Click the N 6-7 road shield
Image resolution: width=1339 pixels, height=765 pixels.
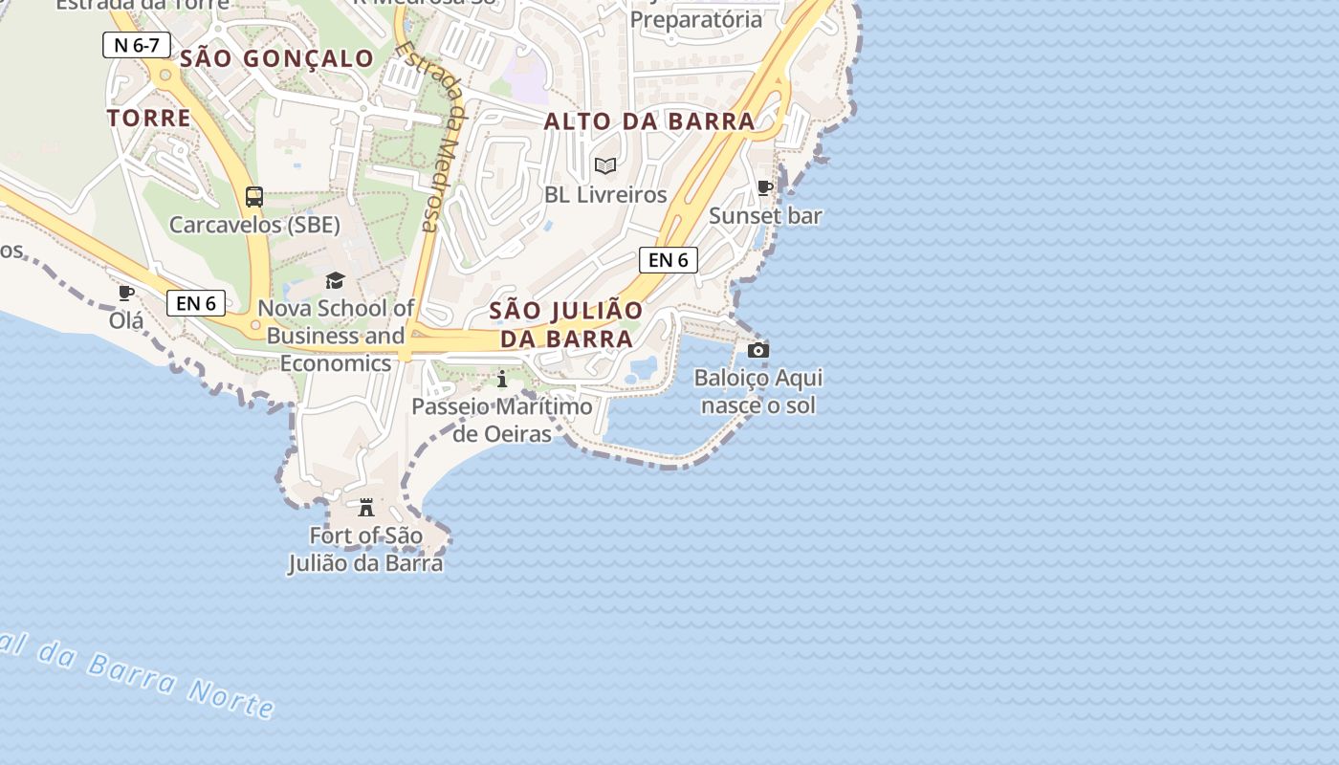(x=137, y=45)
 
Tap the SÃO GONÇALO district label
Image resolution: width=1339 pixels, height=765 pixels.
(x=277, y=58)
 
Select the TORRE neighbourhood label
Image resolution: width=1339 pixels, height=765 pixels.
(x=149, y=119)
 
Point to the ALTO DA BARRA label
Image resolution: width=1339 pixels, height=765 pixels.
(x=649, y=121)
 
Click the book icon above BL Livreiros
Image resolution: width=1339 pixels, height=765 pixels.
(x=605, y=165)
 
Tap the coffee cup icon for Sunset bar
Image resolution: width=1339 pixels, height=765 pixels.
(x=764, y=187)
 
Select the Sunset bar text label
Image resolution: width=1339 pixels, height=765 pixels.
(x=765, y=216)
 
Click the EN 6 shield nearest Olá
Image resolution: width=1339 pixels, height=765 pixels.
(x=196, y=303)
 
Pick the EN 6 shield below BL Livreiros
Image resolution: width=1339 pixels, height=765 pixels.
(x=668, y=260)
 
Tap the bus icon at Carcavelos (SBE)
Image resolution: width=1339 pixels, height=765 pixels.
(x=254, y=197)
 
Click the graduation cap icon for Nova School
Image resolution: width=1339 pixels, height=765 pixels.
(x=335, y=280)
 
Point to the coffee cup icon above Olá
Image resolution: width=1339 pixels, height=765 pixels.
(x=125, y=293)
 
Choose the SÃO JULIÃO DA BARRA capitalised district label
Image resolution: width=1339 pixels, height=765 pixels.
(x=566, y=325)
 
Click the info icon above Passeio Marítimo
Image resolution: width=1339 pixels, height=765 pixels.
(x=502, y=380)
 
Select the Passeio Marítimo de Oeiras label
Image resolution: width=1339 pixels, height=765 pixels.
(x=502, y=420)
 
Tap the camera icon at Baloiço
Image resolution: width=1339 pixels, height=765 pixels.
(x=758, y=350)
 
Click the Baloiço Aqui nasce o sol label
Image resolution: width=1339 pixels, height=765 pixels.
(x=758, y=391)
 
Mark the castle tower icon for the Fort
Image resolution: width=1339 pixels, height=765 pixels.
(x=366, y=507)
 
